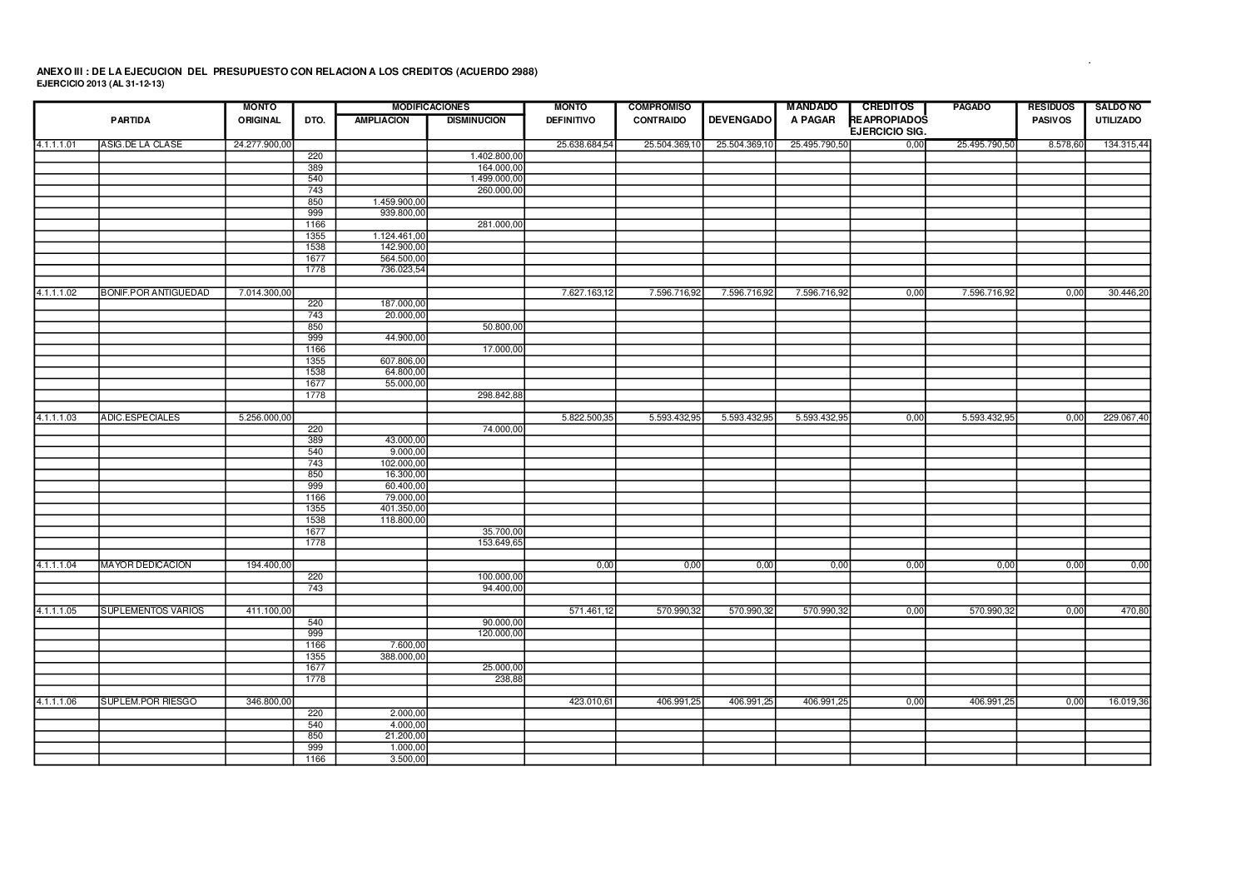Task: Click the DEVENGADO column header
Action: click(x=739, y=120)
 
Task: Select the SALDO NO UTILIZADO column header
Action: click(x=1118, y=114)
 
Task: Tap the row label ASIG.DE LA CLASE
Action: click(x=141, y=145)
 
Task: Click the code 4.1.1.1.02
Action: click(x=57, y=293)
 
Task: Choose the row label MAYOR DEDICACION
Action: click(x=146, y=565)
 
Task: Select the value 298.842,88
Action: click(x=496, y=395)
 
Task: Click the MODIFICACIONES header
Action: click(x=430, y=107)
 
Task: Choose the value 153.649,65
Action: click(x=496, y=543)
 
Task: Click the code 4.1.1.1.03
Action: click(x=57, y=418)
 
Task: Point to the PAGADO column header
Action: click(x=970, y=107)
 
